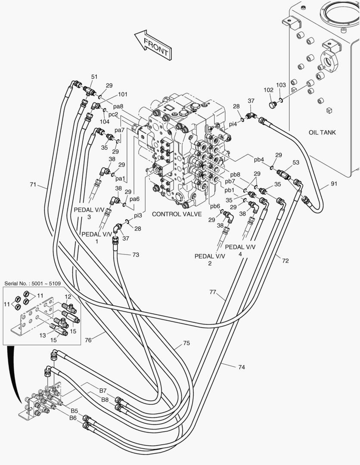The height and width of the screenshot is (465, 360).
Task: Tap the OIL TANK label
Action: click(322, 132)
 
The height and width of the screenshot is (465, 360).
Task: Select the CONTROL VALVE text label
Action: click(177, 214)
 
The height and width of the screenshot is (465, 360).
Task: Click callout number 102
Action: click(268, 90)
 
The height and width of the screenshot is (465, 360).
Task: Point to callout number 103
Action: click(281, 85)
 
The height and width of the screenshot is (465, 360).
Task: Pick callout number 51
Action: click(94, 77)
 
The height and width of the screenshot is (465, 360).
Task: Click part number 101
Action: click(123, 94)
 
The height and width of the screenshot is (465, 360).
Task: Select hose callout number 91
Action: click(334, 184)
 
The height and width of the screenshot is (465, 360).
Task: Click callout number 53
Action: click(296, 162)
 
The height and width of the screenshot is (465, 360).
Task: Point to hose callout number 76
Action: click(88, 340)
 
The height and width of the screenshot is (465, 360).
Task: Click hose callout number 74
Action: click(241, 367)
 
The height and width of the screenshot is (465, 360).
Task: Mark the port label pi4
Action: click(233, 124)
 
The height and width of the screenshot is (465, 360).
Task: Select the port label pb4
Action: click(259, 160)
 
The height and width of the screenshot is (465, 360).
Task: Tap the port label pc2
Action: click(113, 114)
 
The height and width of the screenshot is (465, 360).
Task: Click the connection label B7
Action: click(103, 391)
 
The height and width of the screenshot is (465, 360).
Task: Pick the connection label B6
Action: click(73, 418)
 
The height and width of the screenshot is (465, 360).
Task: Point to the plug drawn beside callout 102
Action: click(272, 105)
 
